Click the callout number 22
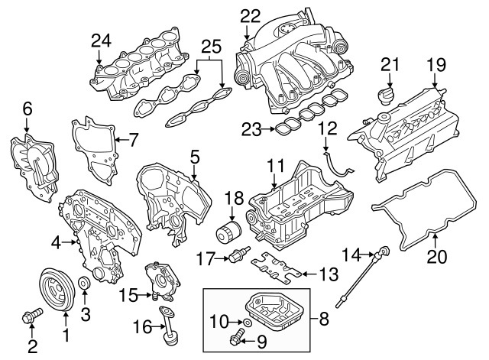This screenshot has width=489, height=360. click(x=250, y=15)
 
